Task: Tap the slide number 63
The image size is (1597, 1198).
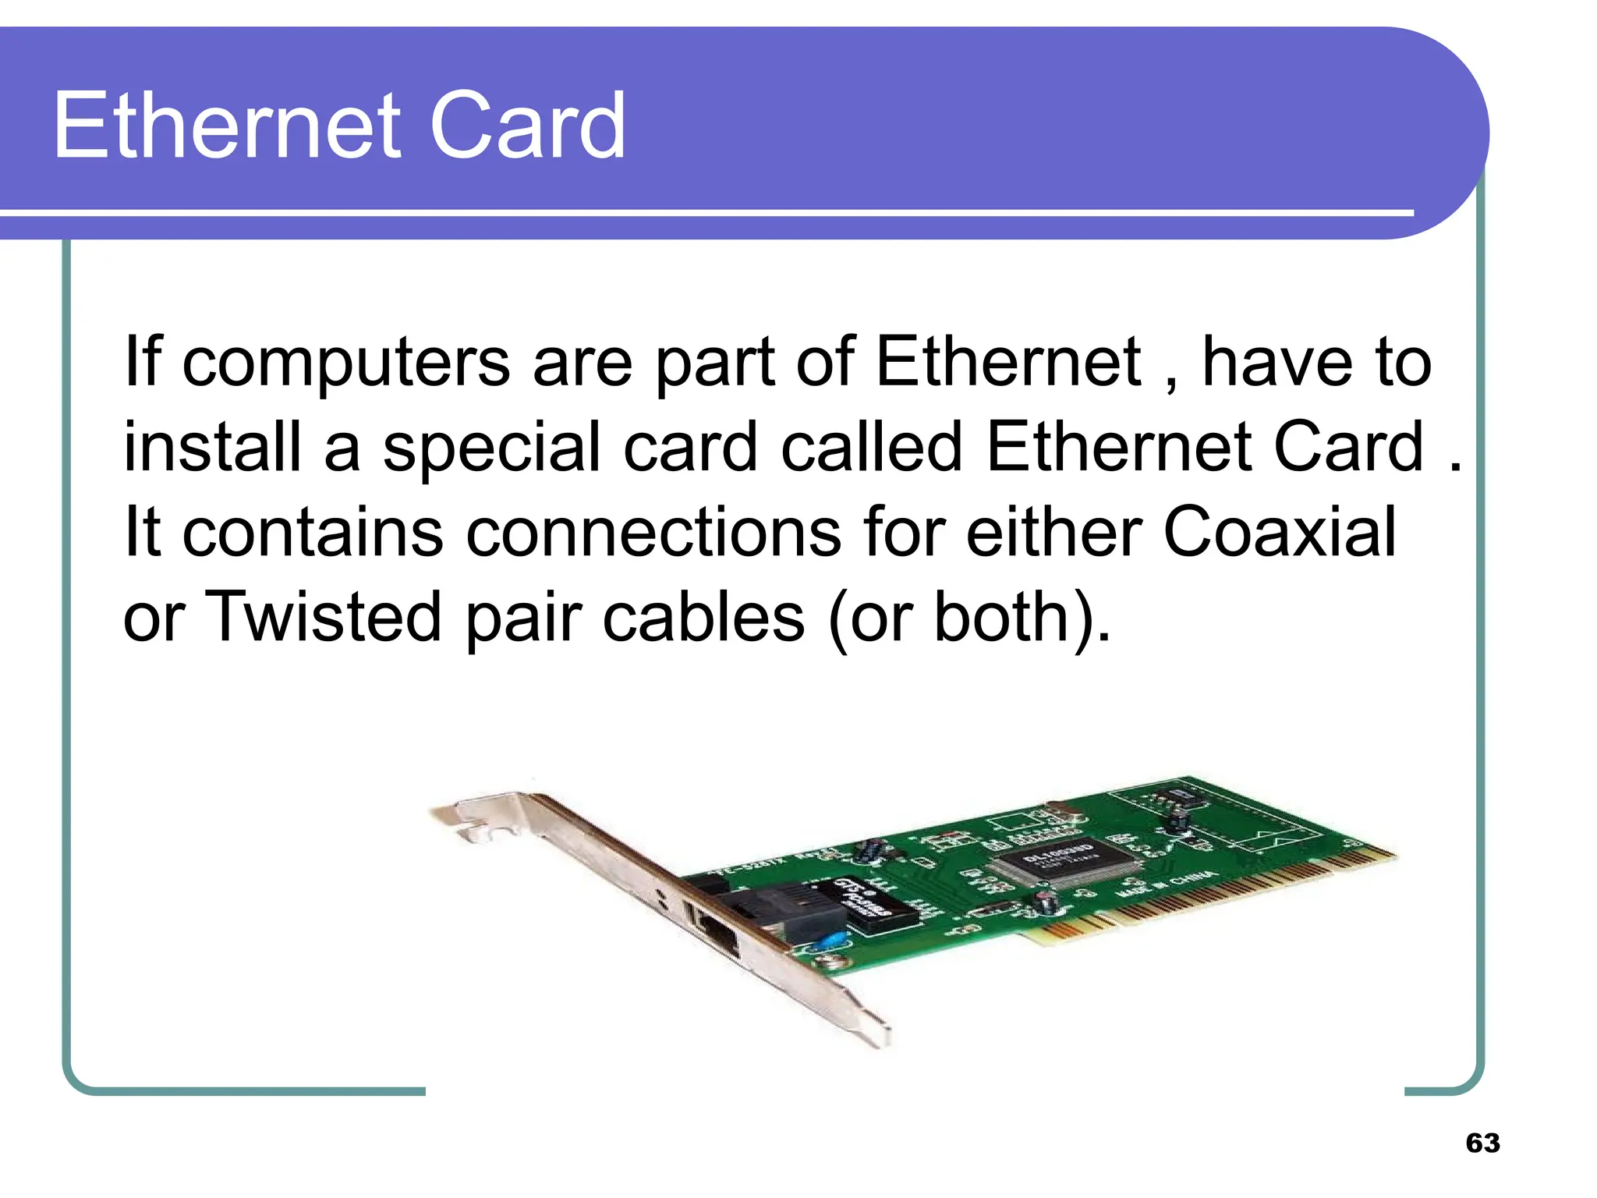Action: click(x=1482, y=1143)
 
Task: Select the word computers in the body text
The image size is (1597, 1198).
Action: click(x=346, y=363)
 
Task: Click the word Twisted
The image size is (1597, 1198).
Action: click(x=323, y=617)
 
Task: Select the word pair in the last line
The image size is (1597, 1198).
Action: click(x=523, y=618)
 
